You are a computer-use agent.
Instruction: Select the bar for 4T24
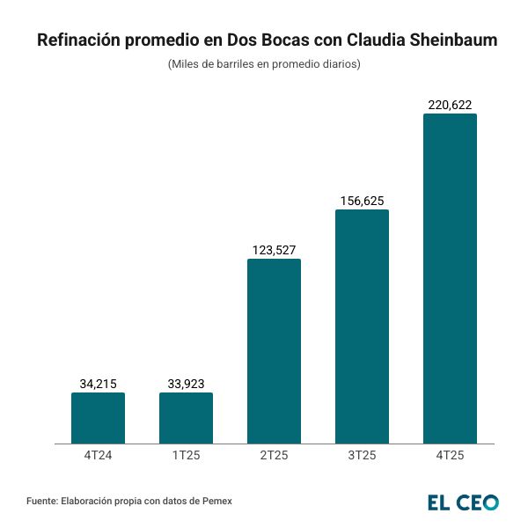[98, 418]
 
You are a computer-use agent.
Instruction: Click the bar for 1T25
[186, 418]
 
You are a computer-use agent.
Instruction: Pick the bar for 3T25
[362, 326]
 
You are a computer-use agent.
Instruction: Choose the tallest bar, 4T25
[450, 278]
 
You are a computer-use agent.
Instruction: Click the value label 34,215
[98, 383]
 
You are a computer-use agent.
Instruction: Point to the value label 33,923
[186, 383]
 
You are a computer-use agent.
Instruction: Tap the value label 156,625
[362, 201]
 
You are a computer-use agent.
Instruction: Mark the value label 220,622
[450, 105]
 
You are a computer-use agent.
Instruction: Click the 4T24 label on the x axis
[98, 455]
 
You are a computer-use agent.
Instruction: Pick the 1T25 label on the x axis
[186, 455]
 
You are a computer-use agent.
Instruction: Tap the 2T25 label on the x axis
[274, 455]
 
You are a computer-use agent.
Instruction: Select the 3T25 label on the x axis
[362, 455]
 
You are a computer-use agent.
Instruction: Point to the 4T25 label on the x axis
[450, 455]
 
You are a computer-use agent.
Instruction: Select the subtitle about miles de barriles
[264, 64]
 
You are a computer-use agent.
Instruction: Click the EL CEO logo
[463, 502]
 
